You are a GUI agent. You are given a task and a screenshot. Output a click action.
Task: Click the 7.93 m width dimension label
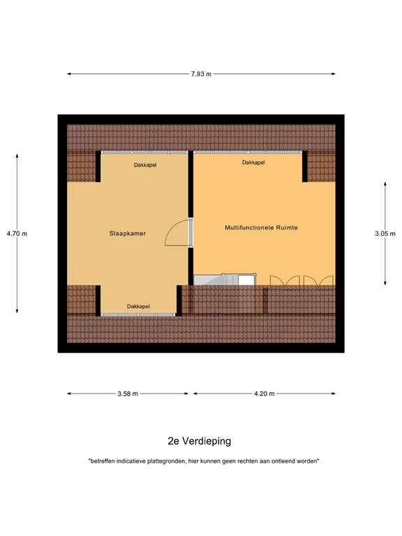pos(201,74)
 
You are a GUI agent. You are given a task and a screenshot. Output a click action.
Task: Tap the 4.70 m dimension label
pos(17,233)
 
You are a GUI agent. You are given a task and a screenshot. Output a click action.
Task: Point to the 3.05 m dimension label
pos(385,233)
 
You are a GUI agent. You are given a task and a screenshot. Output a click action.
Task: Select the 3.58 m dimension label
pos(128,394)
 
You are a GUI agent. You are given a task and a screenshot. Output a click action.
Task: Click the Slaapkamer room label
pos(128,234)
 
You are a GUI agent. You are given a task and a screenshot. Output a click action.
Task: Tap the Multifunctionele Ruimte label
pos(262,228)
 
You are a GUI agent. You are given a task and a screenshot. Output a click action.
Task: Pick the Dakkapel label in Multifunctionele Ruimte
pos(253,163)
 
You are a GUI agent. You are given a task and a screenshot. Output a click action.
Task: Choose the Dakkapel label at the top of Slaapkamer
pos(145,165)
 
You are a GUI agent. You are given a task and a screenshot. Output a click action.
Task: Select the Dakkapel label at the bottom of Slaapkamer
pos(138,306)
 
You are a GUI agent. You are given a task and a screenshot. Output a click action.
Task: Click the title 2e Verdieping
pos(200,441)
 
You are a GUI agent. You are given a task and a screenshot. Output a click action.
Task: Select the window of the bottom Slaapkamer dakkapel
pos(137,315)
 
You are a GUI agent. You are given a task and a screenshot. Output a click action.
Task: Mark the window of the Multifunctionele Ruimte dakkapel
pos(248,152)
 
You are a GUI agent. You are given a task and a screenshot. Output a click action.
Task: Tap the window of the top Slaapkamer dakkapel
pos(144,152)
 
